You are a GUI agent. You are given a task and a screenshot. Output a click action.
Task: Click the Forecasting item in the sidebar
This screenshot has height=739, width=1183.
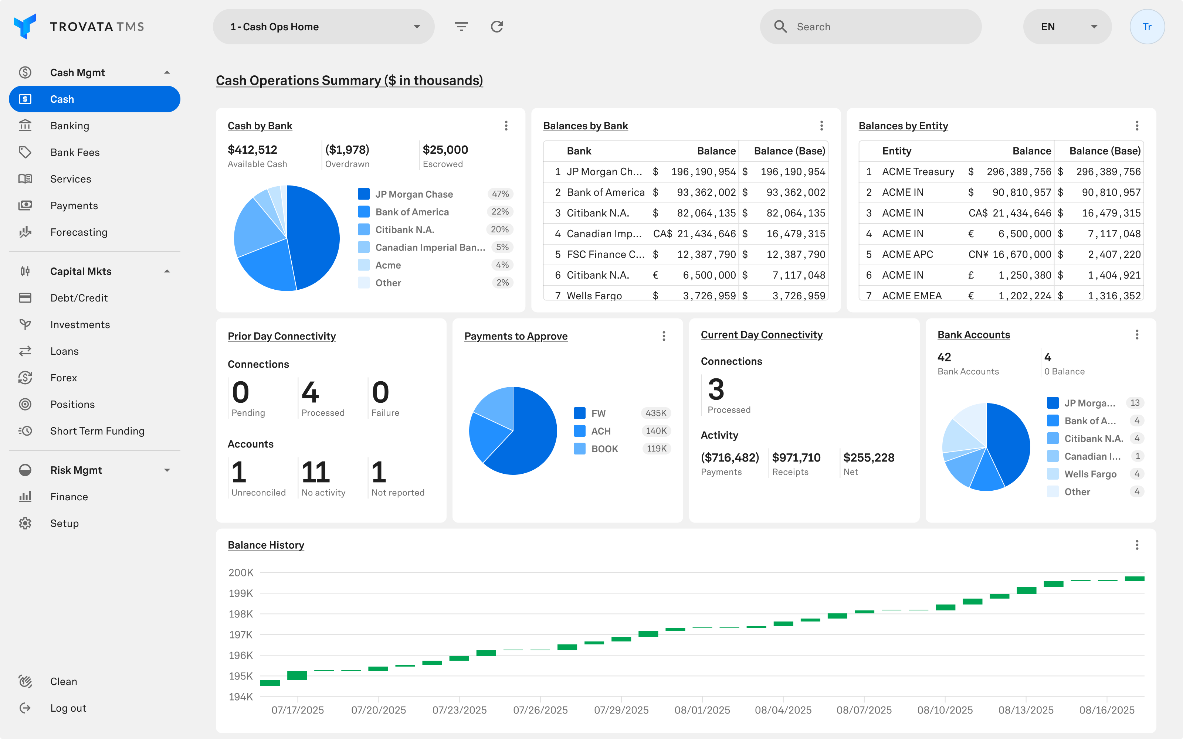coord(78,232)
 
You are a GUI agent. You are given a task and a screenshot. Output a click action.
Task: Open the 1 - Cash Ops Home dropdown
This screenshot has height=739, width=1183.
coord(323,27)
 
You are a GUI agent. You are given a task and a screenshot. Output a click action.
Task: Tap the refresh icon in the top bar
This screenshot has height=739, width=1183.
coord(496,27)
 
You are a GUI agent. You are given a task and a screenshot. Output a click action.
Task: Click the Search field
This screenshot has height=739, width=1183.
coord(870,27)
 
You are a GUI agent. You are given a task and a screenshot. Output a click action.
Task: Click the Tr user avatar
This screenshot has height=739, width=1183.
coord(1147,27)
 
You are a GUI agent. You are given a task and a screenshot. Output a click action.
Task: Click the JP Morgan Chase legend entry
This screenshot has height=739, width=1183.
coord(414,194)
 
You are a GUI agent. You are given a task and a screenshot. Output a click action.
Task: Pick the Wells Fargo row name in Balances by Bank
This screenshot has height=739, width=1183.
coord(594,295)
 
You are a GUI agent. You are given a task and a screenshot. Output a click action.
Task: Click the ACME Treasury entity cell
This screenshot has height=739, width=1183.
coord(918,171)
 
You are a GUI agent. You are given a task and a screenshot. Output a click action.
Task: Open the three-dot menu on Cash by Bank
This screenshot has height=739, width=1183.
coord(506,126)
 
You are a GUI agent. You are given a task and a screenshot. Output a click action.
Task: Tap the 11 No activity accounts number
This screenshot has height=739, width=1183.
coord(315,472)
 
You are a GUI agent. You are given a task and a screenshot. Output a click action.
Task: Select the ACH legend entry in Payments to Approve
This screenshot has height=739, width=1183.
coord(600,431)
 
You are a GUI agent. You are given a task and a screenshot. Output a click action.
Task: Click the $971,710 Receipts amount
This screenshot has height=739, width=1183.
coord(796,457)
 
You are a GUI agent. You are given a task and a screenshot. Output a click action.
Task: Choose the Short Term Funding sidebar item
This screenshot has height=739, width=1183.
coord(97,431)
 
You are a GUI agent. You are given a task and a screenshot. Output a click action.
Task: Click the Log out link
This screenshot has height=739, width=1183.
coord(68,708)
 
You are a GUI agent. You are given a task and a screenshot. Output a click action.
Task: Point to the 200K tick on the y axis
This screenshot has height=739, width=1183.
coord(241,572)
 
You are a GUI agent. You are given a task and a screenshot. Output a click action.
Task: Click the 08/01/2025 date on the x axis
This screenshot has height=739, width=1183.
coord(702,710)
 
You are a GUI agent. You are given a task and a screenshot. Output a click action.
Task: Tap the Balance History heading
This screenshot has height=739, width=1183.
coord(266,545)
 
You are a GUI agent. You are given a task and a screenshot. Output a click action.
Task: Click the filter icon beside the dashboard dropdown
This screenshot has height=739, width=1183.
coord(461,27)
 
